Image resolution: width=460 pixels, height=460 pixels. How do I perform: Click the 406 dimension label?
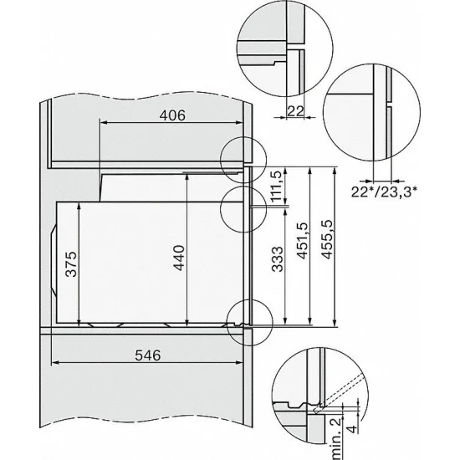point(171,114)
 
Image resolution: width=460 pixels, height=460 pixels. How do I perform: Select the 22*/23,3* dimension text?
point(386,190)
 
